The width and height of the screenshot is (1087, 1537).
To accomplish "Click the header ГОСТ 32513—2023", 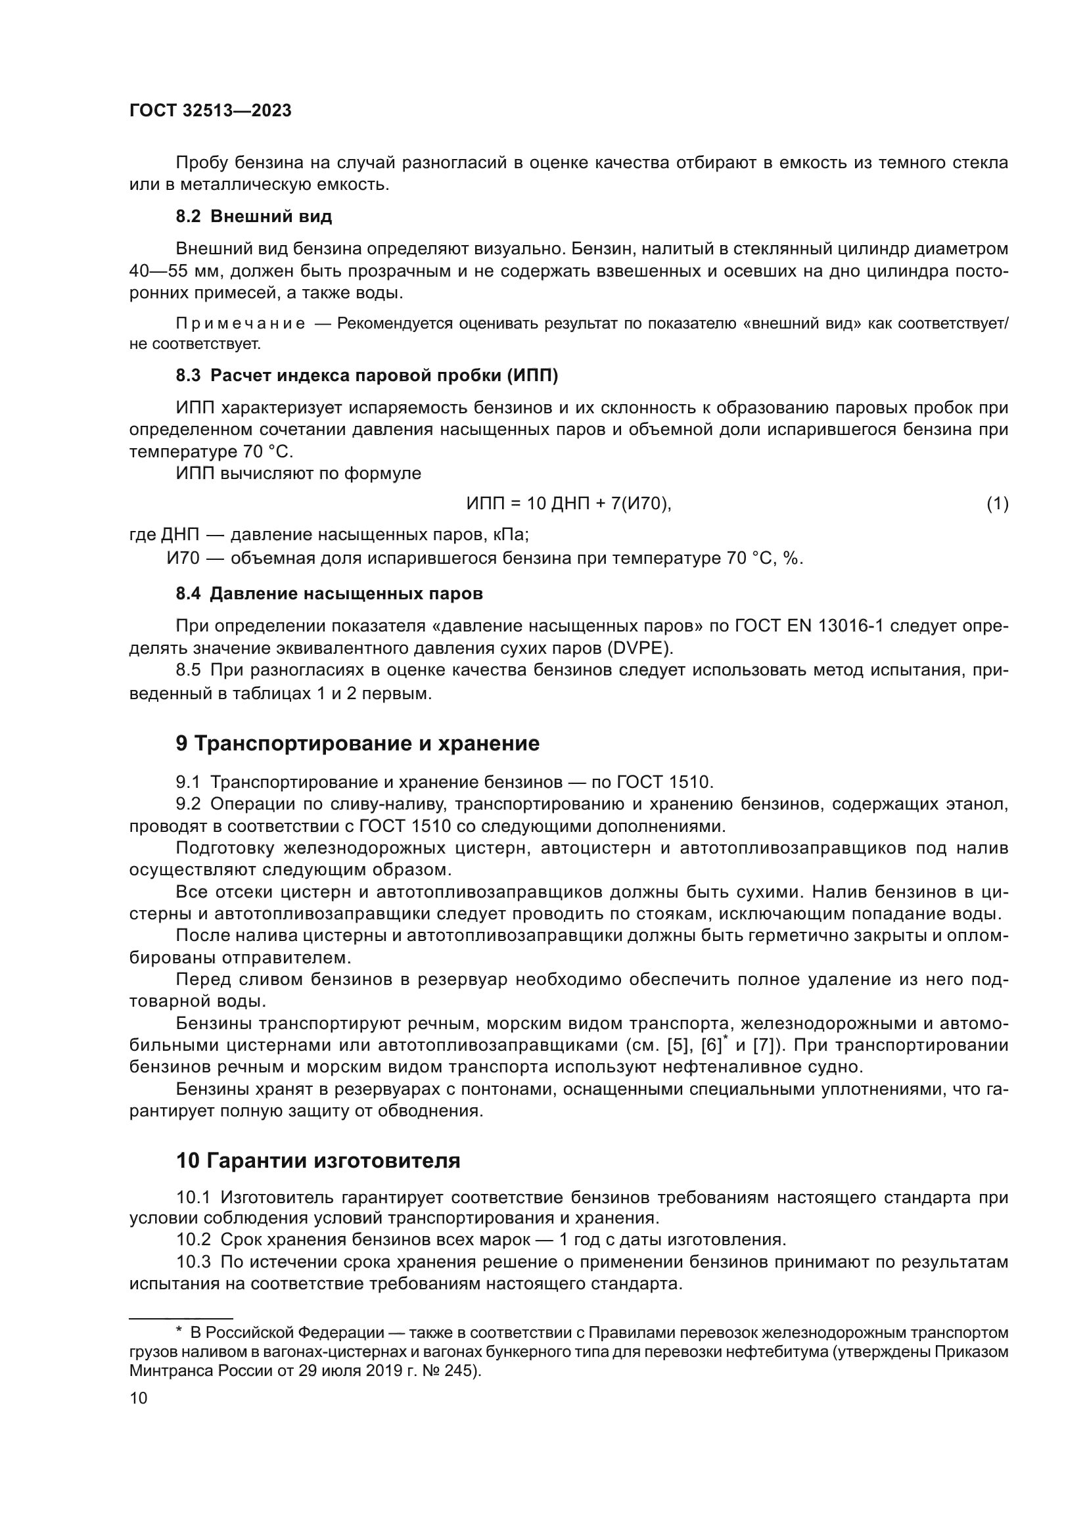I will pos(210,111).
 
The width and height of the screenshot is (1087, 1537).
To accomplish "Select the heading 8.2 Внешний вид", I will pos(254,216).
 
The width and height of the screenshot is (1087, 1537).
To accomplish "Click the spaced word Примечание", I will pos(241,324).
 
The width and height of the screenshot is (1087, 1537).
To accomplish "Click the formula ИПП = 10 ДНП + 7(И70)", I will pos(568,503).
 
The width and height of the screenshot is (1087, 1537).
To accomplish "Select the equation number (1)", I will pos(997,503).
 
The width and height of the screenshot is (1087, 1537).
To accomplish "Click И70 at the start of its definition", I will pos(183,559).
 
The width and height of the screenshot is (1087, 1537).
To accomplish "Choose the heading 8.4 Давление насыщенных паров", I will pos(329,594).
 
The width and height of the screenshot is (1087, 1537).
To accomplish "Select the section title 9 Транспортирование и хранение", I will pos(358,744).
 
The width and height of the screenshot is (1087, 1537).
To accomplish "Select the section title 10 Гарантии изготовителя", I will pos(318,1160).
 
